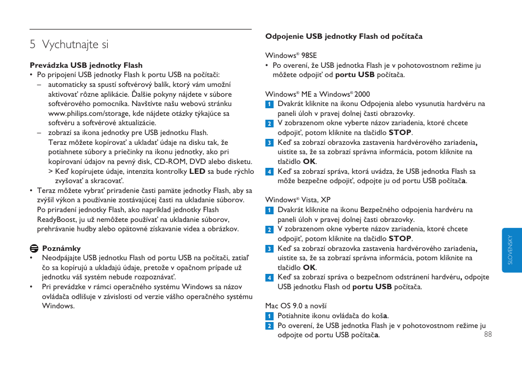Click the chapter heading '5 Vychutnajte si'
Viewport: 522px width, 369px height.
coord(69,44)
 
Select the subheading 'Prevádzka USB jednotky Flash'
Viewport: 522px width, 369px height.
coord(86,65)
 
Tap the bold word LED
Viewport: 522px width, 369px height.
coord(197,171)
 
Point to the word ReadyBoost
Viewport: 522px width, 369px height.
coord(56,219)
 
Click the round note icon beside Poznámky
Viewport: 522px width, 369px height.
coord(33,248)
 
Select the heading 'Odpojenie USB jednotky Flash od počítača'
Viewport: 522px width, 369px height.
coord(344,37)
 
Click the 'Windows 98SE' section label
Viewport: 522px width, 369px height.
coord(291,55)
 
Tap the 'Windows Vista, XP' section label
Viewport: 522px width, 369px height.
coord(298,200)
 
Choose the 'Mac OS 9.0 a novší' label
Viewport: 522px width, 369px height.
coord(296,306)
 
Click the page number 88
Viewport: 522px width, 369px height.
coord(488,335)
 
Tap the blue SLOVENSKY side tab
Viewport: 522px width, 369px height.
coord(511,250)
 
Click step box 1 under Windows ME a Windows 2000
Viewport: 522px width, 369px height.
coord(269,104)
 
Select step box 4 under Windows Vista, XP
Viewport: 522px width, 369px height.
coord(269,278)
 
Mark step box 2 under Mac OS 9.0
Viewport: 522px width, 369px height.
coord(269,326)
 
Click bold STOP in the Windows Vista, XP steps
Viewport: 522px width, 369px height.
coord(400,238)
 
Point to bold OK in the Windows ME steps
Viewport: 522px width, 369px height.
coord(309,161)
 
